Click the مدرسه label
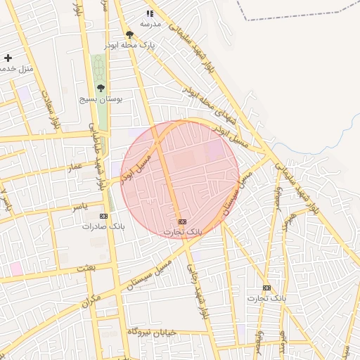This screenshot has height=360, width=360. (150, 24)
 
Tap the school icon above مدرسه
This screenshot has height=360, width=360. (150, 13)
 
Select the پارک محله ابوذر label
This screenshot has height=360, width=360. (129, 44)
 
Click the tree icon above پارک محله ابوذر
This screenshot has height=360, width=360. (129, 34)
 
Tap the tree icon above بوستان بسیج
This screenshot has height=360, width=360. (101, 89)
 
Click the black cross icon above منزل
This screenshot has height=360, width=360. (8, 58)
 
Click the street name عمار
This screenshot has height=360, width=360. (76, 167)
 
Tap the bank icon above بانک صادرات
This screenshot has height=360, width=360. (104, 216)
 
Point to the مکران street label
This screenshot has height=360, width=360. (92, 302)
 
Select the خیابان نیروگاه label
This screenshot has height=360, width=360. (148, 330)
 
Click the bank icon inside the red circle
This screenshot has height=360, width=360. (183, 221)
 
